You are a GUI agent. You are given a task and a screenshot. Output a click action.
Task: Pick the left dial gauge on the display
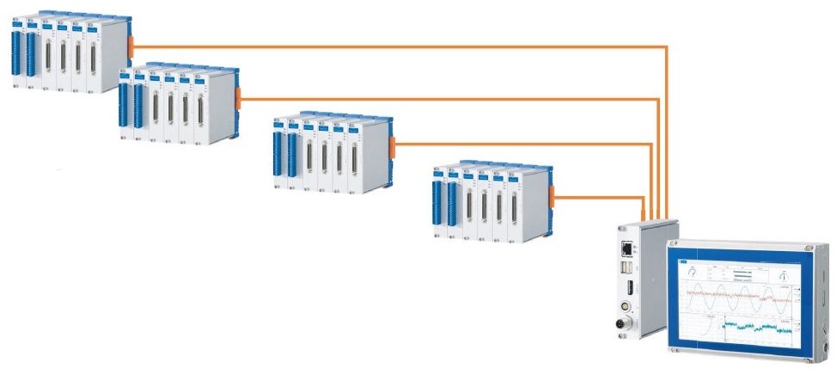693,273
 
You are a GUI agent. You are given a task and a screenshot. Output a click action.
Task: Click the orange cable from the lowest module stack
602,198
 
